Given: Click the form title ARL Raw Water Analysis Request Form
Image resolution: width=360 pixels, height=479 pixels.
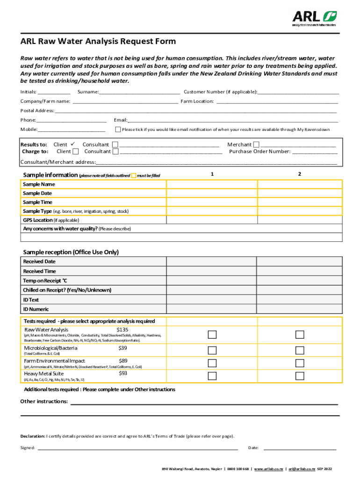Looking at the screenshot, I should pos(98,41).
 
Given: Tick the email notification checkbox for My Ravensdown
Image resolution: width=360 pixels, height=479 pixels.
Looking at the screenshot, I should pos(118,130).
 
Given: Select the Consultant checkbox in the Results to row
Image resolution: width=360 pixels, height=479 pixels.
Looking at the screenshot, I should pos(115,145).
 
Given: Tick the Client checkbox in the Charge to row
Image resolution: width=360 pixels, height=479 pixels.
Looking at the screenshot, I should pos(76,152).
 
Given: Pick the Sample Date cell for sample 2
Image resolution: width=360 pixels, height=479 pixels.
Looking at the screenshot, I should pos(300,193).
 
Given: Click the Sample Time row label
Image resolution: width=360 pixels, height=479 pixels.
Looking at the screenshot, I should pos(38,202).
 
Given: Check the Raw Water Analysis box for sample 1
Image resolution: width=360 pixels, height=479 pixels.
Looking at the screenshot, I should pos(212,334).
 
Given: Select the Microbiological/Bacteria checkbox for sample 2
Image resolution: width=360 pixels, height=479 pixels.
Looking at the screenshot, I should pos(300,350).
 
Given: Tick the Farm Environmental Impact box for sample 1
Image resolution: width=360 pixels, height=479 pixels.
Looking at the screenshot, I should pos(212,363).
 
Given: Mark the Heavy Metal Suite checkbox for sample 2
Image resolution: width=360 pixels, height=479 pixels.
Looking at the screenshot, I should pos(300,376).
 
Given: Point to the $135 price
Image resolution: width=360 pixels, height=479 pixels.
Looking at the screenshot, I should pos(122,330).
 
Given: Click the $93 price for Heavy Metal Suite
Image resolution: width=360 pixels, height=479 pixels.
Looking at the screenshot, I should pos(123,373).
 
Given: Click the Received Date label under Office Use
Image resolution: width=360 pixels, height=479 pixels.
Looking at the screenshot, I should pos(39,261).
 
